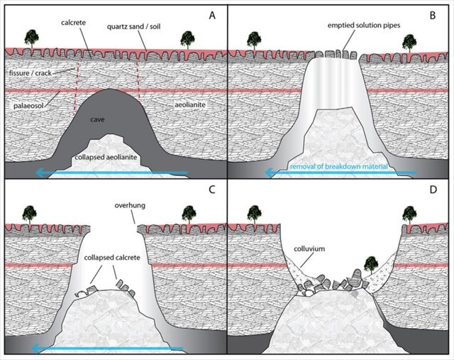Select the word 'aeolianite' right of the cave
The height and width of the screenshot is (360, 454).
pos(190,104)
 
